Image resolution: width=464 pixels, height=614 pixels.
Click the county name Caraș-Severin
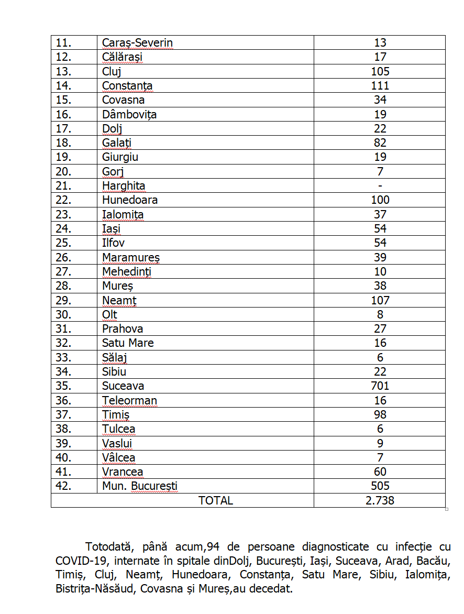click(x=137, y=43)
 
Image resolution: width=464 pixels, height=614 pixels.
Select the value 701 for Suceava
click(x=380, y=386)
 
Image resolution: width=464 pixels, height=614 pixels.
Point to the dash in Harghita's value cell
click(x=380, y=186)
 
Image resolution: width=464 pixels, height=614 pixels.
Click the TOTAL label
click(x=215, y=500)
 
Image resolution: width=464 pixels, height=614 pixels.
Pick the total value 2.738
click(x=380, y=500)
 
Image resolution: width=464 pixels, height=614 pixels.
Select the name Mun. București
click(x=140, y=486)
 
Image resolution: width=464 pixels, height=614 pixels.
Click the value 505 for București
click(x=380, y=486)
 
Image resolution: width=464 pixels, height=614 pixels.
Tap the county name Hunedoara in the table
click(x=130, y=200)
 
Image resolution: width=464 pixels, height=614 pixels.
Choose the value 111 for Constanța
click(x=380, y=86)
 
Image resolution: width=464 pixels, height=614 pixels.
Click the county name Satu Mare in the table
click(x=128, y=343)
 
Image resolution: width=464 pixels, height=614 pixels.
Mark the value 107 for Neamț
click(x=380, y=300)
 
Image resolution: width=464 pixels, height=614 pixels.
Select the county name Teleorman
click(x=129, y=401)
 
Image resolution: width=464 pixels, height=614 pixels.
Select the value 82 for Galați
click(x=380, y=143)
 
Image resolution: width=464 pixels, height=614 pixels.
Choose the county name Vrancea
click(x=123, y=472)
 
